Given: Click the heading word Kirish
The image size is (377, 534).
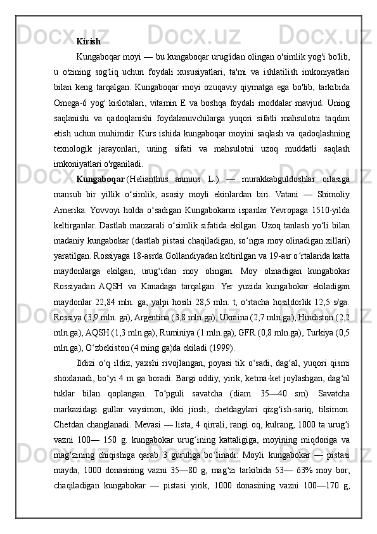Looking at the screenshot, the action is pyautogui.click(x=88, y=41).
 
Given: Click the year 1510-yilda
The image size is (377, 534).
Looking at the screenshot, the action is pyautogui.click(x=331, y=211).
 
